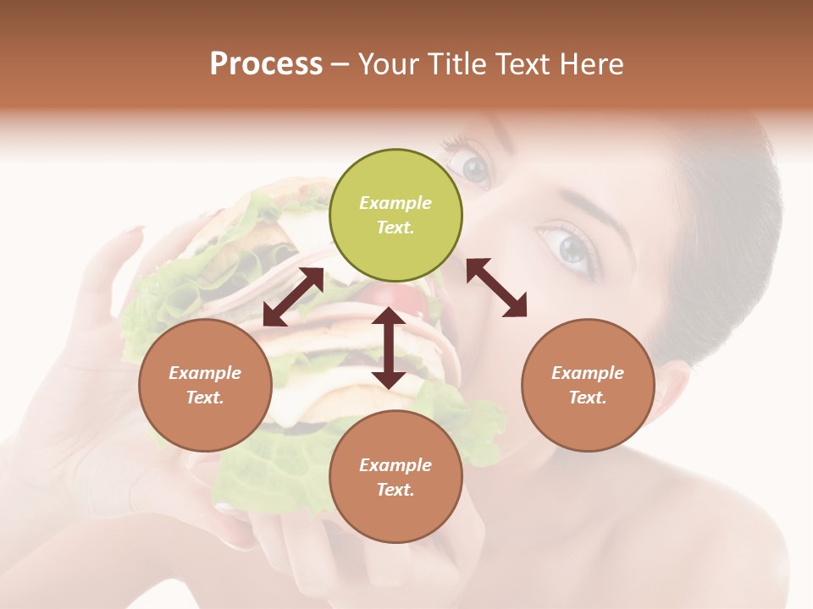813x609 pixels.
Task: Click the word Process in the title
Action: [266, 64]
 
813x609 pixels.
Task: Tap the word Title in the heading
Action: [451, 64]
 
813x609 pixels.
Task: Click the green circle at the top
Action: [395, 216]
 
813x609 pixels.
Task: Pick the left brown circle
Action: [205, 385]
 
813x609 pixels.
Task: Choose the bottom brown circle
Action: [395, 477]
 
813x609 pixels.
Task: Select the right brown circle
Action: [588, 385]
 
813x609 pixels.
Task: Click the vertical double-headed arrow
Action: [389, 348]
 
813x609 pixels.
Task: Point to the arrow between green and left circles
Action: [293, 297]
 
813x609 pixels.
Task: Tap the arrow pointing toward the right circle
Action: [496, 288]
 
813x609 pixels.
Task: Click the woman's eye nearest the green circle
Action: [475, 167]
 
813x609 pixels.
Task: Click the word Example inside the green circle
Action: [395, 203]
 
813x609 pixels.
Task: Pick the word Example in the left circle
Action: [205, 373]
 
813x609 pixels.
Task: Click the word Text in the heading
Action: [519, 64]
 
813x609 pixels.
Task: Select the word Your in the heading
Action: [387, 64]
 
